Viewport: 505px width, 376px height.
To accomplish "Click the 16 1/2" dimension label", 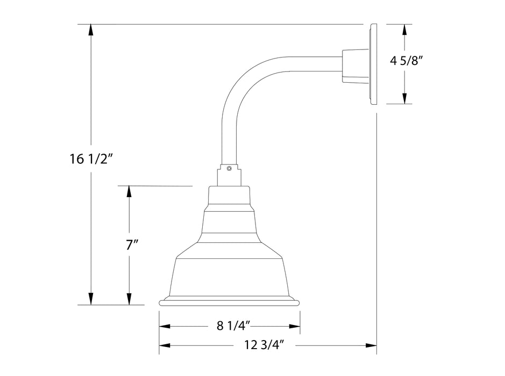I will pyautogui.click(x=90, y=158).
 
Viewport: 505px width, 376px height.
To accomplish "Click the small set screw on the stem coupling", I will pyautogui.click(x=230, y=168).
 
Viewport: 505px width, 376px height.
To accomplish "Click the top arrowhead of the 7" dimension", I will pyautogui.click(x=129, y=191).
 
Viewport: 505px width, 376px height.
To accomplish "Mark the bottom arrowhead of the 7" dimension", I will pyautogui.click(x=129, y=299).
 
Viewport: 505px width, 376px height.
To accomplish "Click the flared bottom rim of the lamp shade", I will pyautogui.click(x=230, y=302).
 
